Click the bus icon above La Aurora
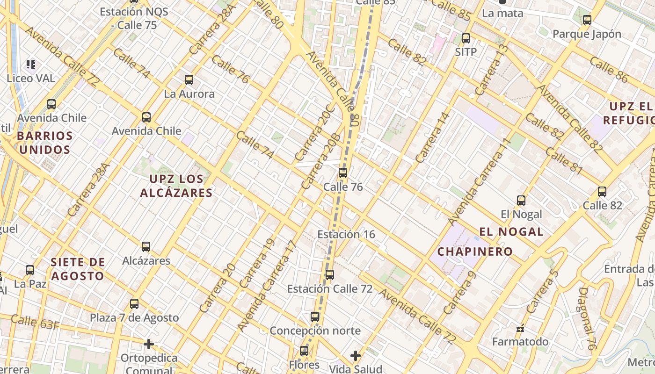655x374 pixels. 189,80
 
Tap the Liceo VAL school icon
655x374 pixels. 31,64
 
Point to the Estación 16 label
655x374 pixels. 346,234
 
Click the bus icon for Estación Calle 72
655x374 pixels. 330,275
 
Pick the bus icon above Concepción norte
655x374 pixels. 315,317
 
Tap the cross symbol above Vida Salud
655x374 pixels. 356,356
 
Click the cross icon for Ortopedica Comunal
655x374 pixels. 149,345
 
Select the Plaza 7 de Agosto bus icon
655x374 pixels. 134,304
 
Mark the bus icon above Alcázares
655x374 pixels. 146,247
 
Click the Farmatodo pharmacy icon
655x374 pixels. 520,329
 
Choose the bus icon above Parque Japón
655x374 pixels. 587,20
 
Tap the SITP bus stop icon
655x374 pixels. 466,38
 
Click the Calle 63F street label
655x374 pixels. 35,322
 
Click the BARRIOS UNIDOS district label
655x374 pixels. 44,143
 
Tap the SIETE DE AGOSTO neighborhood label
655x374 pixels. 78,269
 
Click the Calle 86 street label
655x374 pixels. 608,69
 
